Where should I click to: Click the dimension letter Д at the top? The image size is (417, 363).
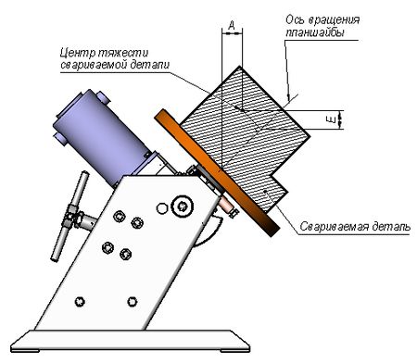pos(232,25)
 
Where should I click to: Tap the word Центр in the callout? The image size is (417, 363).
pos(77,53)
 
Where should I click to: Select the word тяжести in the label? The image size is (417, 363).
pos(123,53)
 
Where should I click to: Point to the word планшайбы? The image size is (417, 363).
pos(314,32)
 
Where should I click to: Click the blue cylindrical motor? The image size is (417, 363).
pos(102,137)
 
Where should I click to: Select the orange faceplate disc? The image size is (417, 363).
pos(216,173)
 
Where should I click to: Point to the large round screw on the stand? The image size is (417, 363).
pos(183,206)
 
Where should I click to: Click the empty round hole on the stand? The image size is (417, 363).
pos(162,208)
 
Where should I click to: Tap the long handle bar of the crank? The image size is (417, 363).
pos(70,216)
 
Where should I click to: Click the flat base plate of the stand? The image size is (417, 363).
pos(130,341)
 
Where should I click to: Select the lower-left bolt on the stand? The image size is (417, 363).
pos(80,301)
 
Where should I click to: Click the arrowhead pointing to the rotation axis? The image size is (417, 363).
pos(289,97)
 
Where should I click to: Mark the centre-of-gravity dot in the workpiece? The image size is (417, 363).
pos(236,107)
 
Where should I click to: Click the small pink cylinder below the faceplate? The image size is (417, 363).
pos(228,206)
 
